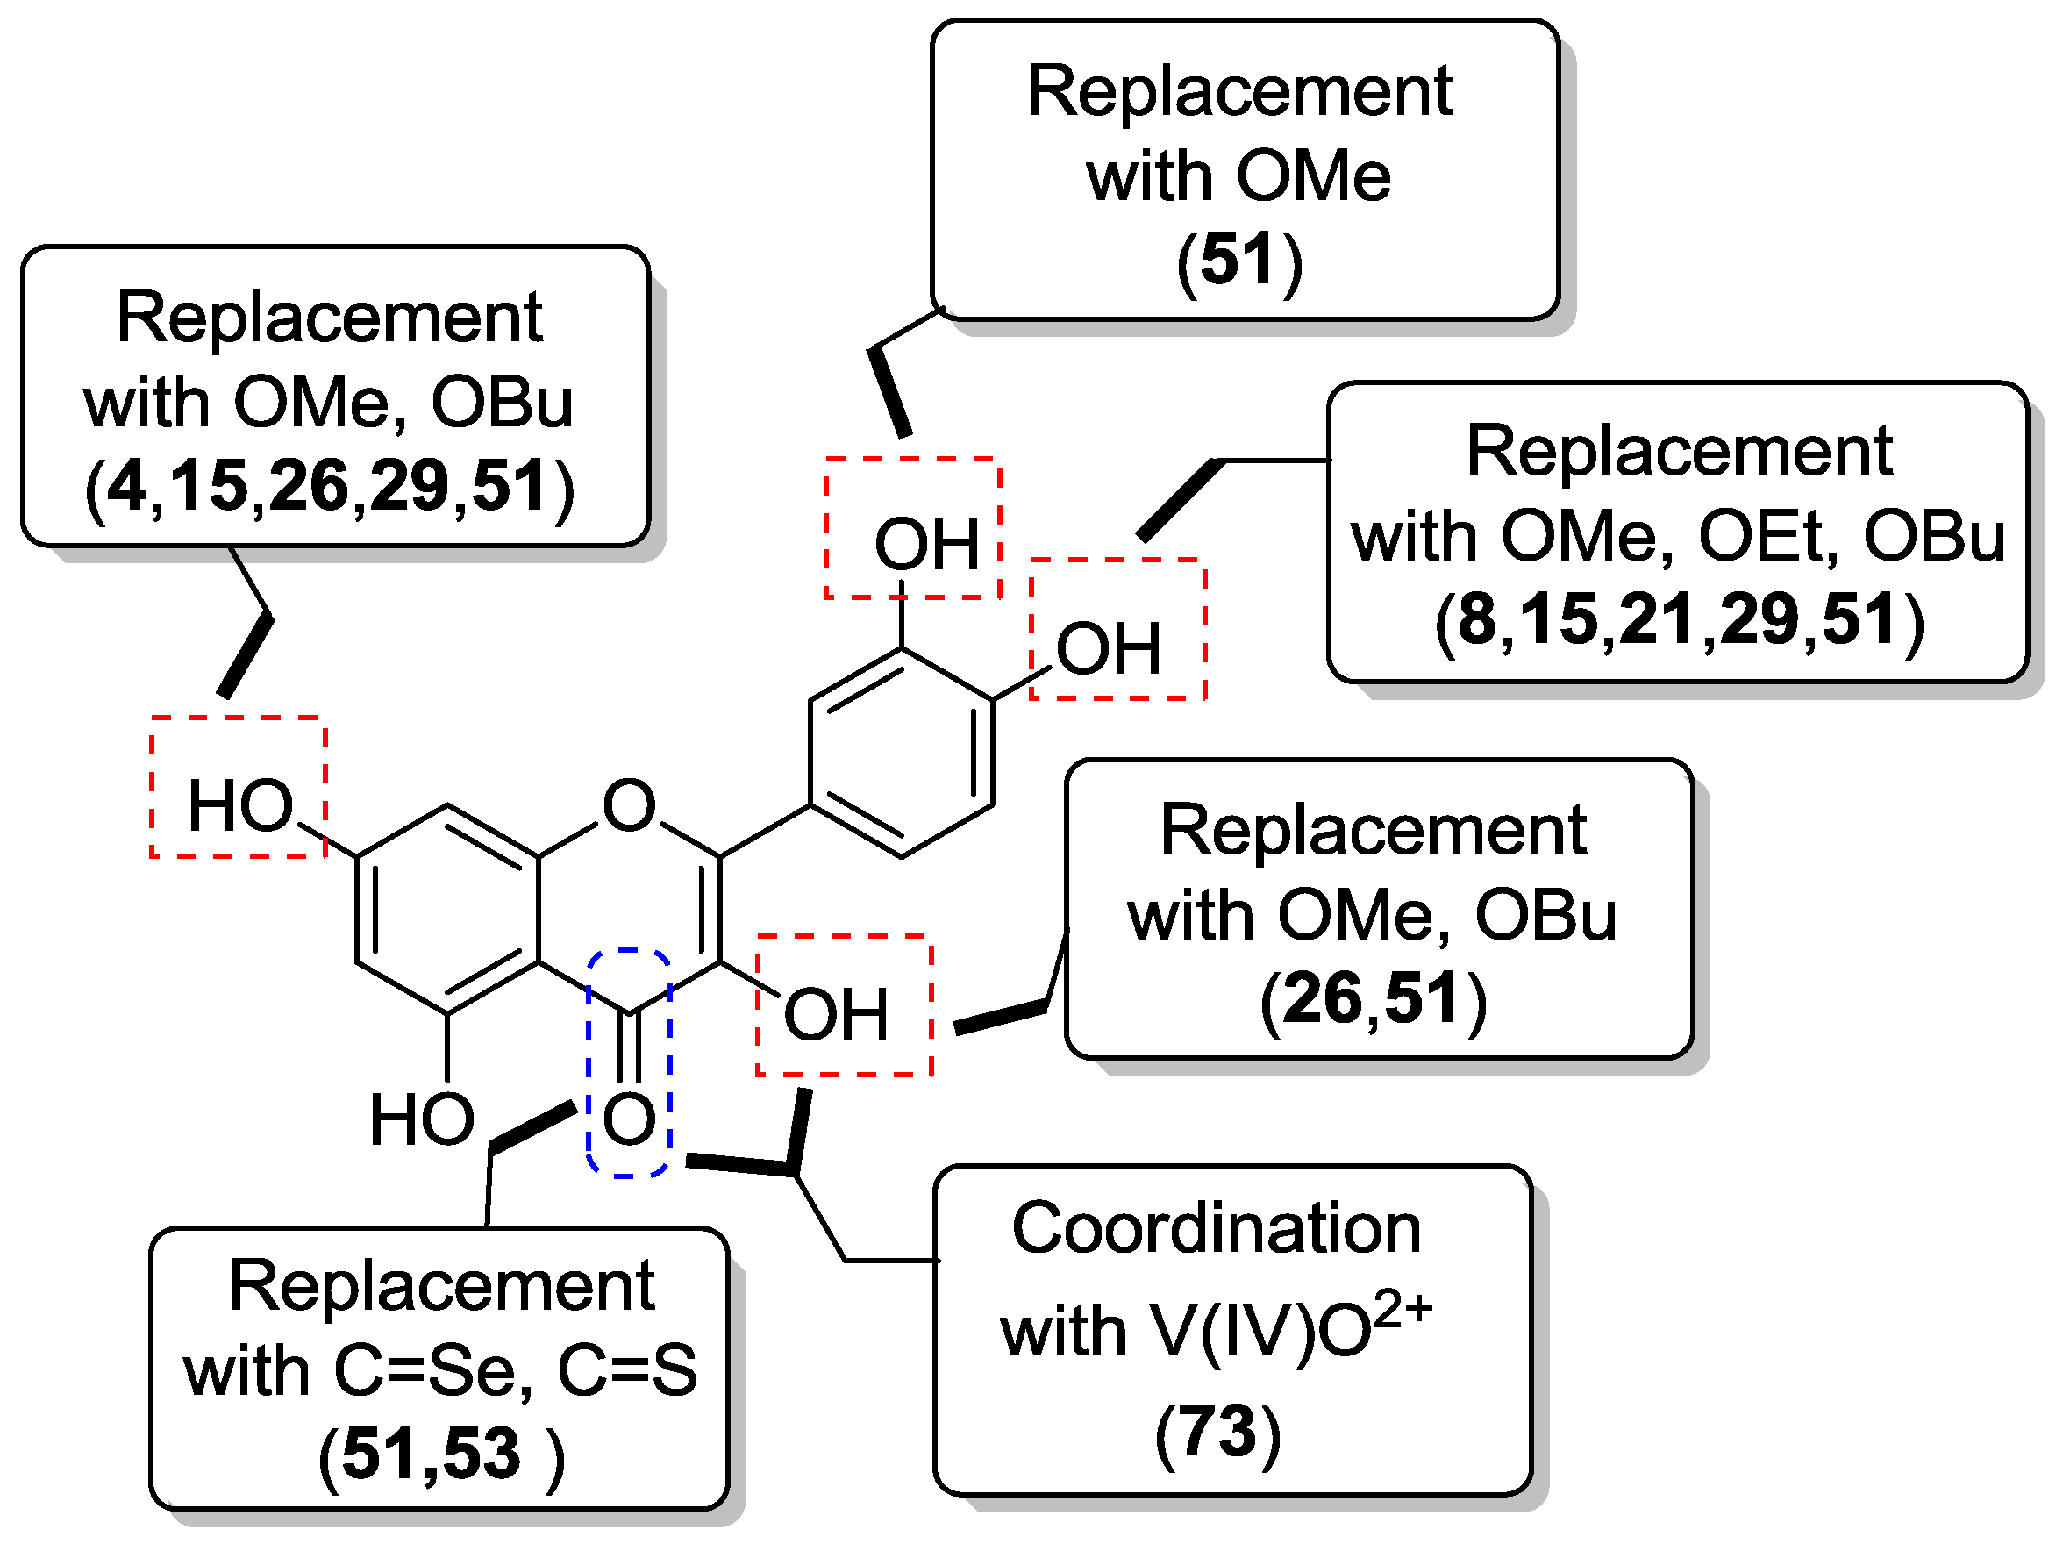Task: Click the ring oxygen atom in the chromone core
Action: coord(628,805)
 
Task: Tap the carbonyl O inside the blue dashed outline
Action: coord(628,1119)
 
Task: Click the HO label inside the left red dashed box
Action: coord(240,805)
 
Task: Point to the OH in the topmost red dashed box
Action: coord(925,544)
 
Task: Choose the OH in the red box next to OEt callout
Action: coord(1108,648)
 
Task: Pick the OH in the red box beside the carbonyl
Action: coord(834,1015)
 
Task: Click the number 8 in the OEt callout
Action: coord(1476,618)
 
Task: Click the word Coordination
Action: coord(1216,1228)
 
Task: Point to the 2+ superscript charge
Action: coord(1402,1309)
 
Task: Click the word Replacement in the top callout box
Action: coord(1238,91)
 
